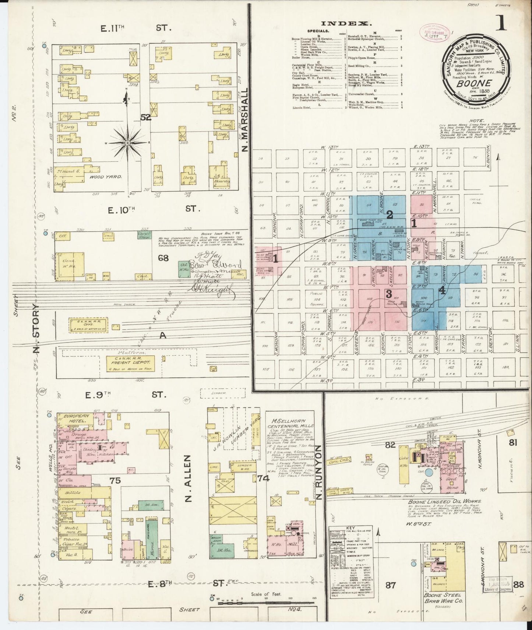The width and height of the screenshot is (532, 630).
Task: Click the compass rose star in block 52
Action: click(127, 142)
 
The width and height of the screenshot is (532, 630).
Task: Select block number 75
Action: click(115, 480)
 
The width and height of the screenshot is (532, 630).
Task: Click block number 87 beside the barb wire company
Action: click(390, 584)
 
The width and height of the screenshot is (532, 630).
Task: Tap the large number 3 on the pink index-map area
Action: click(388, 293)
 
